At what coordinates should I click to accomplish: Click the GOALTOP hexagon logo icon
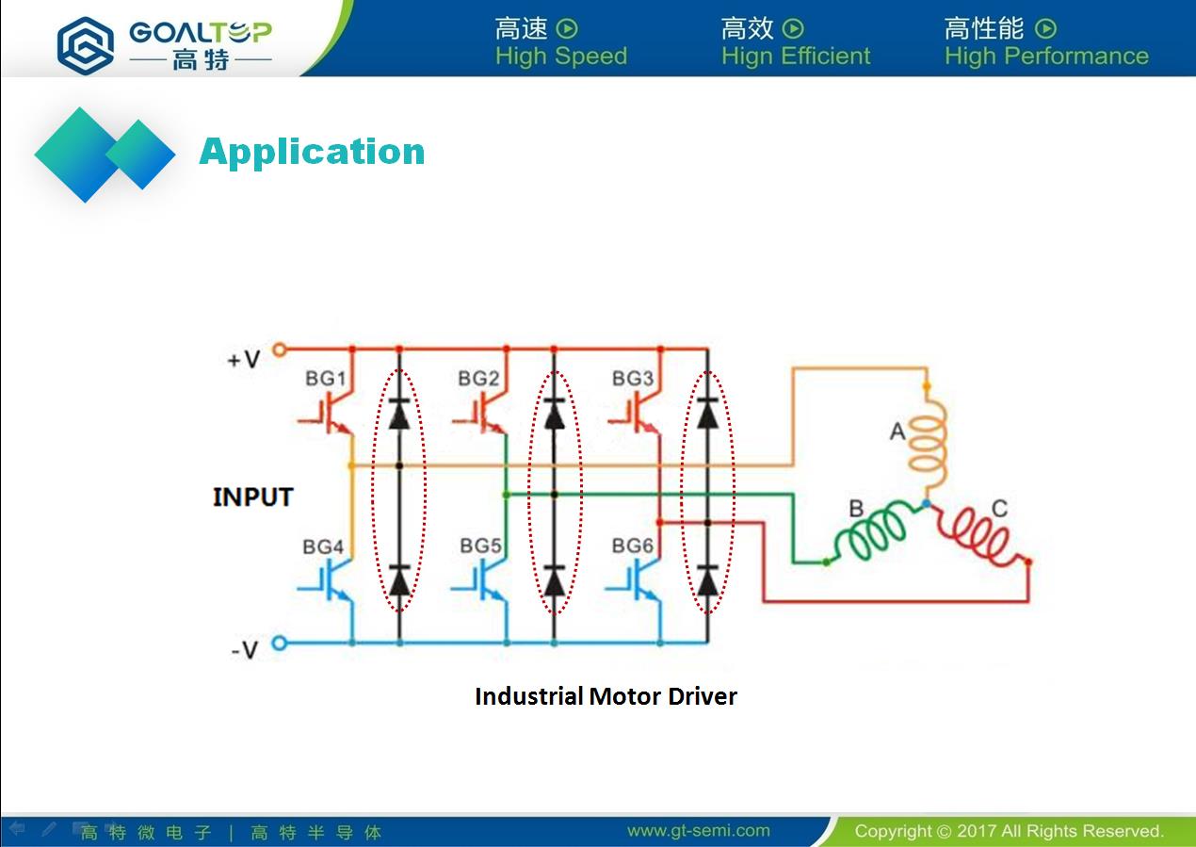point(86,44)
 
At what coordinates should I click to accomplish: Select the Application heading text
point(312,152)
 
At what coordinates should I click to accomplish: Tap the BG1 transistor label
point(325,379)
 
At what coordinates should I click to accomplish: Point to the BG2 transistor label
point(478,379)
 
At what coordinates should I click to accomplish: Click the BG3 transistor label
point(632,379)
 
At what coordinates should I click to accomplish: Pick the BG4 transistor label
point(323,546)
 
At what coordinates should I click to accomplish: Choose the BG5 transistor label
point(480,546)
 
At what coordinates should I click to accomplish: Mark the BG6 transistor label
point(632,546)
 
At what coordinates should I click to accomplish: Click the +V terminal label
point(243,360)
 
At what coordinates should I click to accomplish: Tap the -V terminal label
point(243,650)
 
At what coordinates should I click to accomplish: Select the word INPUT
point(252,497)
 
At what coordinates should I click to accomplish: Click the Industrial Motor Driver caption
point(606,696)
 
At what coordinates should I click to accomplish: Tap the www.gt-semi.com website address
point(698,831)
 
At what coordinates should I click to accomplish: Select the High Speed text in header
point(560,56)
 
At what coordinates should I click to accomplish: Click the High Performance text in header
point(1046,56)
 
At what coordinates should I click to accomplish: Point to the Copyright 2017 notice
point(1009,831)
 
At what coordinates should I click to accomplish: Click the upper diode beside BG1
point(399,414)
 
